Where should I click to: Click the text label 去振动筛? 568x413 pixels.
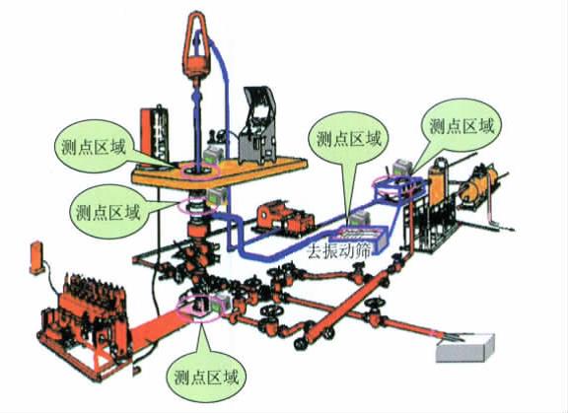pos(338,251)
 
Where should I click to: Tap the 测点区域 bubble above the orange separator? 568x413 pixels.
pos(462,127)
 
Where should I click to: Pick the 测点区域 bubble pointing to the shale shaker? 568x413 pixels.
pos(349,140)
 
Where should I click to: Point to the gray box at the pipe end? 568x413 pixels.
pos(465,348)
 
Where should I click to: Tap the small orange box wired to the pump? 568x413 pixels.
pos(36,257)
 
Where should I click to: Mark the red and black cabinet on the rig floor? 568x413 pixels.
pos(155,136)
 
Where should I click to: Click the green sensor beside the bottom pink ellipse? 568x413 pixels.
pos(221,304)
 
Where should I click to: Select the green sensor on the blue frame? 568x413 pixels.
pos(402,168)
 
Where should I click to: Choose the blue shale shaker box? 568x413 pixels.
pos(360,238)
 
